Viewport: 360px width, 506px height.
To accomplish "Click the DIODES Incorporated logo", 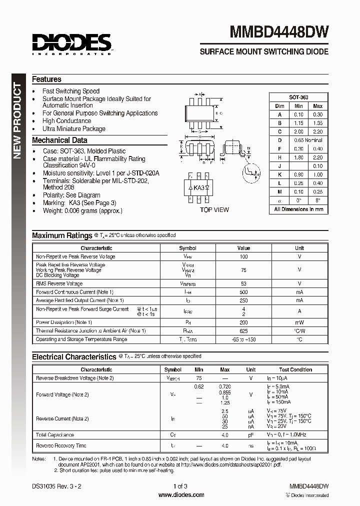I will click(71, 43).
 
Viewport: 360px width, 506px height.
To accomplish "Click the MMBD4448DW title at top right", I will click(279, 32).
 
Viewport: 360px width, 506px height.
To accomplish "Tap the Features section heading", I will click(46, 79).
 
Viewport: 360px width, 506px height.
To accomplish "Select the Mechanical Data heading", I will click(59, 140).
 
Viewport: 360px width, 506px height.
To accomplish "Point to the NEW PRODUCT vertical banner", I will click(16, 120).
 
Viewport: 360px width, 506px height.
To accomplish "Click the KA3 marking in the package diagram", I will click(199, 187).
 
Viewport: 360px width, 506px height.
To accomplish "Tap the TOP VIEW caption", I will click(214, 210).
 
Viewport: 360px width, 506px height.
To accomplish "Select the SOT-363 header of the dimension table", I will click(298, 97).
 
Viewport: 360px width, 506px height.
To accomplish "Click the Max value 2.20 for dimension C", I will click(317, 131).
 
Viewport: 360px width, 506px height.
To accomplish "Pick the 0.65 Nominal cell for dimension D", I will click(308, 140).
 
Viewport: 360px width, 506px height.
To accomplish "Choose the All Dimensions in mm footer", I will click(298, 209).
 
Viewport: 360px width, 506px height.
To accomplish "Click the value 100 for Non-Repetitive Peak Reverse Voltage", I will click(243, 256).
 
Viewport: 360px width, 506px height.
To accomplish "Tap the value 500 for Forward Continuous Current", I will click(243, 292).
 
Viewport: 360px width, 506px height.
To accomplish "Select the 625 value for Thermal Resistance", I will click(243, 331).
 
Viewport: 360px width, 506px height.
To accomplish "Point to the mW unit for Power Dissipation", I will click(299, 322).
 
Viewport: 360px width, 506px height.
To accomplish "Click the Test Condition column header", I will click(295, 369).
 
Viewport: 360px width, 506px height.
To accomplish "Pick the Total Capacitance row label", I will click(55, 435).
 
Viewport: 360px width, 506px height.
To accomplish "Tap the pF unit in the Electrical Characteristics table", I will click(250, 435).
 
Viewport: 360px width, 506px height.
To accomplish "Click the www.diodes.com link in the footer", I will click(181, 495).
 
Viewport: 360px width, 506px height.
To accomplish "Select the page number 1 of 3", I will click(180, 486).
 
